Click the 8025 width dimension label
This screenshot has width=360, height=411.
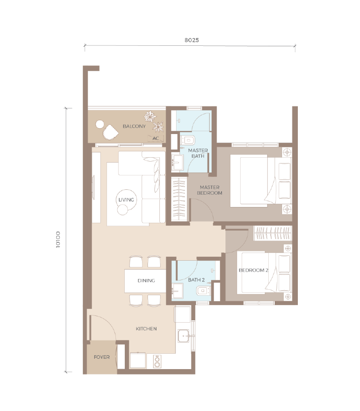191,40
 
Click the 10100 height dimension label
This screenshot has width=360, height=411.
58,240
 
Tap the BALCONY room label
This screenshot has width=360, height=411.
134,126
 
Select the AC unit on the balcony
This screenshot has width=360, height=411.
156,138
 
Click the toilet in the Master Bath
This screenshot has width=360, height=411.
188,140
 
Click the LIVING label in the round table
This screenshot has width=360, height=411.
126,200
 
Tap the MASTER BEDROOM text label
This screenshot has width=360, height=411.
210,190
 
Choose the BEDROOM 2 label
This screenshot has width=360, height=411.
253,270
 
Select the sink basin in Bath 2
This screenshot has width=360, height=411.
178,290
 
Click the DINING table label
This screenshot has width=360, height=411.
146,280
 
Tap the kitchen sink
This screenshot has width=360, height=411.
183,336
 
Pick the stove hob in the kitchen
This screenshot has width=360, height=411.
157,361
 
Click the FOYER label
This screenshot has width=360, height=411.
102,357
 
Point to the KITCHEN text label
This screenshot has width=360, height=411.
146,329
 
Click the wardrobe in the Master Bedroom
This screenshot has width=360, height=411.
179,199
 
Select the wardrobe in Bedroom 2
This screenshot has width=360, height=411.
273,233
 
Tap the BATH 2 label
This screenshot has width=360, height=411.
196,280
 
